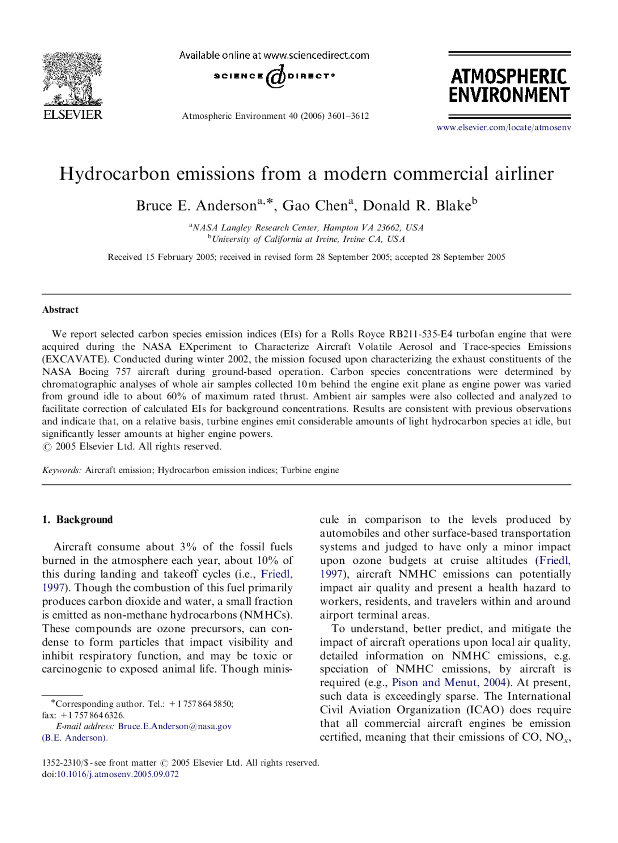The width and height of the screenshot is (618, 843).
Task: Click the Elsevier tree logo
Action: coord(72,79)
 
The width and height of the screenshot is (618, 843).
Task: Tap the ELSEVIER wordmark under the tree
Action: coord(72,115)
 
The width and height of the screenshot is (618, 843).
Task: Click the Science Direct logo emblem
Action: coord(275,77)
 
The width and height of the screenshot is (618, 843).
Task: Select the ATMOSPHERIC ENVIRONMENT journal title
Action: coord(509,85)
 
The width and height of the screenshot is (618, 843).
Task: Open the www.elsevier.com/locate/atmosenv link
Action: coord(504,127)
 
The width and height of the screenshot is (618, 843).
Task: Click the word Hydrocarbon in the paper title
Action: coord(114,174)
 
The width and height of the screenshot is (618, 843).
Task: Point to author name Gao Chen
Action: coord(315,206)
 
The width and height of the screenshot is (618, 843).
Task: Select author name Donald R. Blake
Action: coord(417,206)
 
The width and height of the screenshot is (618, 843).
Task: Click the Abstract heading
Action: coord(60,310)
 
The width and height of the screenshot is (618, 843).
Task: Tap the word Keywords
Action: coord(61,470)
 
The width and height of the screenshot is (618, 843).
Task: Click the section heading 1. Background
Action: coord(77,520)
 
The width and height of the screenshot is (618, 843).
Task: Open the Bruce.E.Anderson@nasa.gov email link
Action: coord(175,726)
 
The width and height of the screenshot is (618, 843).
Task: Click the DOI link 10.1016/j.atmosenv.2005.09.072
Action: coord(118,774)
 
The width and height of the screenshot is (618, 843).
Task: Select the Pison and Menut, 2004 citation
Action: coord(449,683)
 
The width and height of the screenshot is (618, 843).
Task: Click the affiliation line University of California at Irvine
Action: coord(308,239)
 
